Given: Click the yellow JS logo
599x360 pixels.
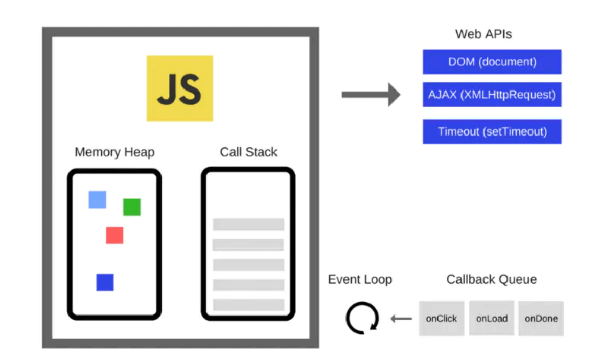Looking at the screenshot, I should pyautogui.click(x=179, y=88).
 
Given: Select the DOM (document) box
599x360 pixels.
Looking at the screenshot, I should pyautogui.click(x=492, y=62).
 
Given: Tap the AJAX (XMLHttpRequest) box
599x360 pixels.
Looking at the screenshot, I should pyautogui.click(x=492, y=95).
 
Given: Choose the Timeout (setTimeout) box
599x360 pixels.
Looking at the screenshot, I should pyautogui.click(x=492, y=131).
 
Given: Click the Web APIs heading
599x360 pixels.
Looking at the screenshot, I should pyautogui.click(x=483, y=34).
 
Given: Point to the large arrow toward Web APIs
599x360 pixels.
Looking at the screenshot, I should pyautogui.click(x=371, y=95).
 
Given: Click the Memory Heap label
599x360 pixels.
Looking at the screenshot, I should pyautogui.click(x=114, y=152).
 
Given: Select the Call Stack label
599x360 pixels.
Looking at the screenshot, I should pyautogui.click(x=248, y=152).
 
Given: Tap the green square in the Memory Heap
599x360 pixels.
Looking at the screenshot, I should pyautogui.click(x=131, y=207).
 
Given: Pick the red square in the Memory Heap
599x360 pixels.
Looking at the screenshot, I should pyautogui.click(x=114, y=235).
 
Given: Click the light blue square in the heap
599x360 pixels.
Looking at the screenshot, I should pyautogui.click(x=97, y=199).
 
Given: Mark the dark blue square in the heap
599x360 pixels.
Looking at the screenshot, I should pyautogui.click(x=105, y=282).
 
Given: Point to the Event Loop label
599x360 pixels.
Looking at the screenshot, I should pyautogui.click(x=360, y=279).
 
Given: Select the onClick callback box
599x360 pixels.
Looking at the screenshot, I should pyautogui.click(x=442, y=318).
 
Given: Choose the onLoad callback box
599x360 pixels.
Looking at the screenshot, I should pyautogui.click(x=492, y=318).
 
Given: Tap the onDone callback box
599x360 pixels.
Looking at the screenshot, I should pyautogui.click(x=541, y=318).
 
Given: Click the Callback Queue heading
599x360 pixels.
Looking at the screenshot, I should pyautogui.click(x=491, y=279).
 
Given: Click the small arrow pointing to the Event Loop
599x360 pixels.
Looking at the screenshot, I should pyautogui.click(x=401, y=319).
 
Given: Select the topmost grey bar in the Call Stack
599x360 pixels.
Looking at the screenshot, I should pyautogui.click(x=248, y=224).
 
